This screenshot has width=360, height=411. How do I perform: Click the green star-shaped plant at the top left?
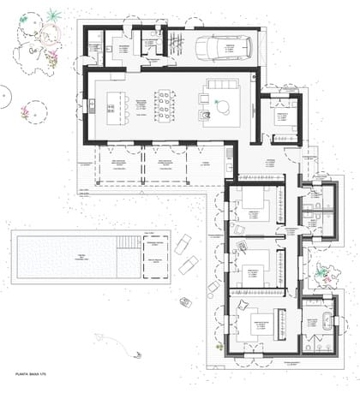coord(54,15)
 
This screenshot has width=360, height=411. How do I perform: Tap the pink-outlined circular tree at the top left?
coord(49,35)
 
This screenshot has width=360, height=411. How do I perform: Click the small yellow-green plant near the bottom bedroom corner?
coord(221,347)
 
